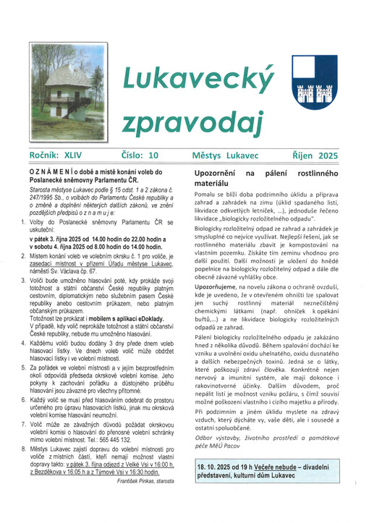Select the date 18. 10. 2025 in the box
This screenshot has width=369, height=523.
(220, 488)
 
